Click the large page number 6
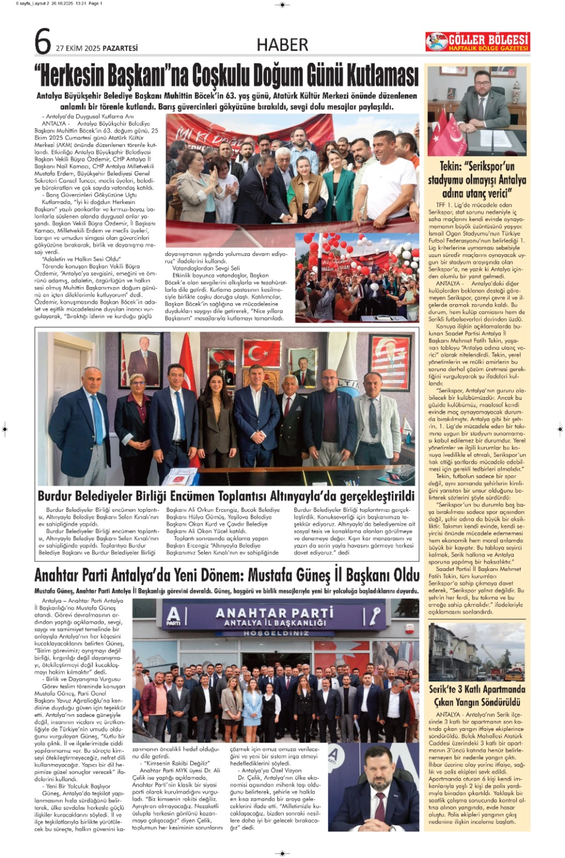43,42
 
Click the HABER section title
282,45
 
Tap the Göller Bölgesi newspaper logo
478,42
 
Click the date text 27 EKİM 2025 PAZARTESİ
97,48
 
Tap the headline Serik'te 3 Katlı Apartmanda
477,689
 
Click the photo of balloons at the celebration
357,277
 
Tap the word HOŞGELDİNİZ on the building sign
276,633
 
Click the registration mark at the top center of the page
282,5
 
